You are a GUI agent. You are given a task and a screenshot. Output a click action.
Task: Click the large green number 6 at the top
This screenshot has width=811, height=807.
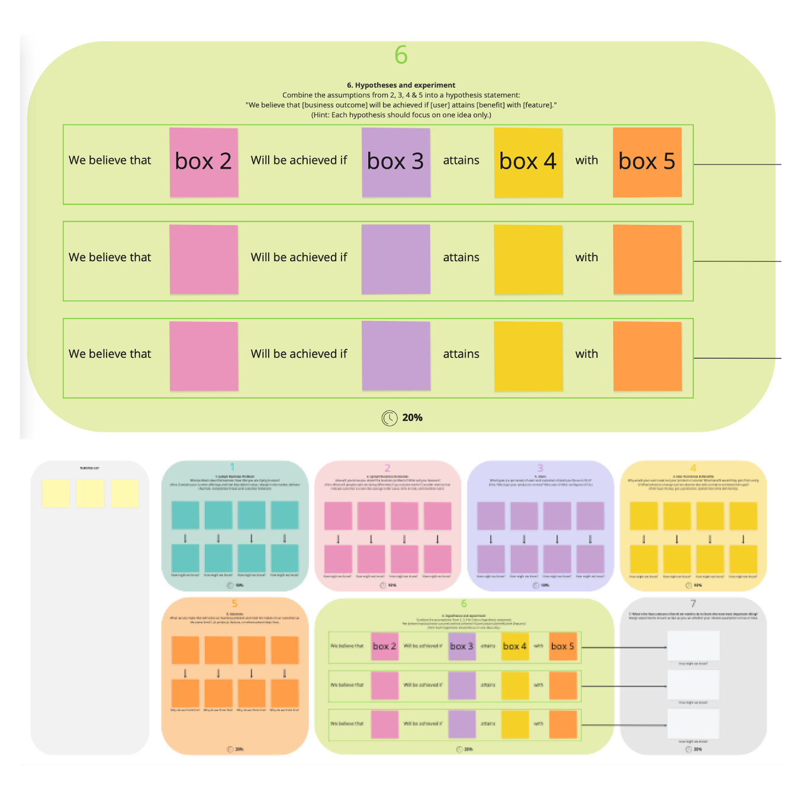tap(401, 55)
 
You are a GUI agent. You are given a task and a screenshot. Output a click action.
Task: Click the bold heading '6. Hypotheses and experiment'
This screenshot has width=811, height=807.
tap(401, 85)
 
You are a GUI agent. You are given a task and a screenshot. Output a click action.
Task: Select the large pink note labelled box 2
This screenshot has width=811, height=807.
tap(204, 162)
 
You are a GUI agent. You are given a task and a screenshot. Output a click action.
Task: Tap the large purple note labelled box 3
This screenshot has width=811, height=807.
tap(395, 162)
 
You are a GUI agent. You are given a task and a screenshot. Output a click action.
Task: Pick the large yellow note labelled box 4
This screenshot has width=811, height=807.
tap(528, 162)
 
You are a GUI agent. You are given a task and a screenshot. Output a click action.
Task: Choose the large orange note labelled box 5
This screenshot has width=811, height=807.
tap(647, 162)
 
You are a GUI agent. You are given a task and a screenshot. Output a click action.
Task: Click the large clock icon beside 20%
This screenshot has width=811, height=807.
tap(390, 418)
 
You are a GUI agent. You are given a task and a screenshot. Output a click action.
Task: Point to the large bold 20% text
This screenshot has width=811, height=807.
tap(412, 417)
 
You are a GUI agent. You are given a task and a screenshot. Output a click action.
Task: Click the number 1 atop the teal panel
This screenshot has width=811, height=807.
tap(233, 467)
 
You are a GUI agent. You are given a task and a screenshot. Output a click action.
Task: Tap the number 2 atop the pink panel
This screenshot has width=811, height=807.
tap(387, 468)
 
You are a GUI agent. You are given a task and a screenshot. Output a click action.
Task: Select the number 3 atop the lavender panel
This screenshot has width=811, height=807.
tap(540, 468)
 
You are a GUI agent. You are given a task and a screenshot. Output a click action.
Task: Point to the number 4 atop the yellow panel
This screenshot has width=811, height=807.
tap(693, 468)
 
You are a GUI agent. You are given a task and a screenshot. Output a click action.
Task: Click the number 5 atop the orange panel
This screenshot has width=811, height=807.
tap(234, 603)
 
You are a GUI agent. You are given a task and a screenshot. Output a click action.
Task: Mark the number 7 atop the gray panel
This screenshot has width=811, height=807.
tap(693, 603)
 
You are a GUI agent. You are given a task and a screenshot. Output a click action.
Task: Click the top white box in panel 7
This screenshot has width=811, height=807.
tap(693, 645)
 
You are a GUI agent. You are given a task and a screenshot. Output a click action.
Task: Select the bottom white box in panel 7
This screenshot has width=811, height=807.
tap(693, 724)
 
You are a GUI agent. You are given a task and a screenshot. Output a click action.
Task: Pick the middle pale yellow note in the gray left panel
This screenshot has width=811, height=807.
tap(90, 493)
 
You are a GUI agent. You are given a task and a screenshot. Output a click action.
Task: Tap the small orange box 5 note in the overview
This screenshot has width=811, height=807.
tap(562, 646)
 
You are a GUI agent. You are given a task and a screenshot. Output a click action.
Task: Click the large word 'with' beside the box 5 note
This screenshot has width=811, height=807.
tap(587, 160)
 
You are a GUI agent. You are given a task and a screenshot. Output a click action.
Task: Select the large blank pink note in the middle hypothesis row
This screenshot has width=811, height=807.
tap(204, 259)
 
